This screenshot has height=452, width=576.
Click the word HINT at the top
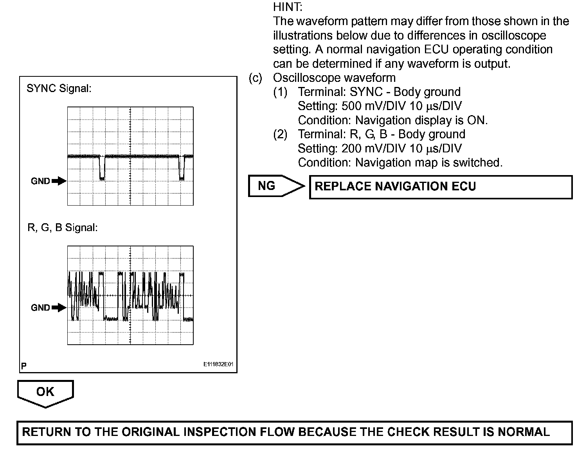pyautogui.click(x=288, y=7)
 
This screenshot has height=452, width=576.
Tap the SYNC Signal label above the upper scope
pyautogui.click(x=59, y=89)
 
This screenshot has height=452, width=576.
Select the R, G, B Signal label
pyautogui.click(x=62, y=228)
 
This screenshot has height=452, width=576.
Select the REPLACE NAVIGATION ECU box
pyautogui.click(x=441, y=186)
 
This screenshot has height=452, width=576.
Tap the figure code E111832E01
pyautogui.click(x=218, y=365)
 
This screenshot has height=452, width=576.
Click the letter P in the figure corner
pyautogui.click(x=24, y=366)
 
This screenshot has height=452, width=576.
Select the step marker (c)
pyautogui.click(x=256, y=78)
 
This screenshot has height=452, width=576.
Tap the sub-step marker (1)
pyautogui.click(x=280, y=92)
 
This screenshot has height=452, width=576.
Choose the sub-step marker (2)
pyautogui.click(x=280, y=134)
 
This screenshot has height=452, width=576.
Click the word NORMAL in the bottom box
pyautogui.click(x=524, y=432)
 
